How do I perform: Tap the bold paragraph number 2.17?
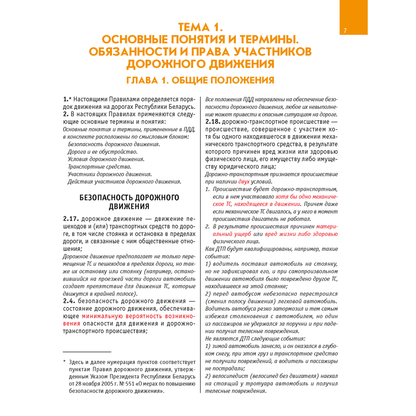pyautogui.click(x=71, y=219)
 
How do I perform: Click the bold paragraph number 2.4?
pyautogui.click(x=69, y=300)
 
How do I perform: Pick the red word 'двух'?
pyautogui.click(x=245, y=182)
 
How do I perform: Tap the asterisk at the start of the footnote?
pyautogui.click(x=64, y=362)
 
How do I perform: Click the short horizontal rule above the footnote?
pyautogui.click(x=87, y=352)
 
